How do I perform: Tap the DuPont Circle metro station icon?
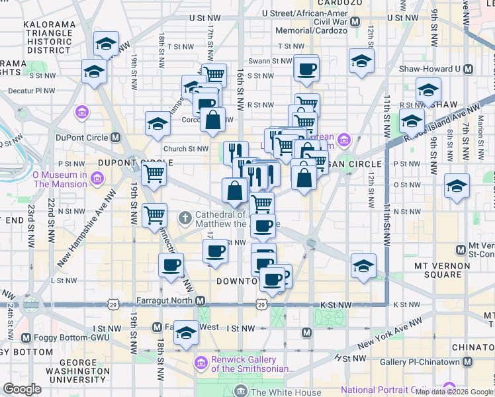[x=116, y=138]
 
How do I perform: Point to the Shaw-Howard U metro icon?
[x=468, y=69]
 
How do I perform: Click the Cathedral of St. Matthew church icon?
[x=187, y=216]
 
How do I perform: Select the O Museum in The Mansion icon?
[x=97, y=179]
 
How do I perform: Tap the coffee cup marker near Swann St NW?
[x=306, y=68]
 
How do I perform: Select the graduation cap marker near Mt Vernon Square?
[x=363, y=266]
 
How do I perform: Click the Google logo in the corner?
[x=22, y=389]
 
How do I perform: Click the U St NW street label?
[x=204, y=18]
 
